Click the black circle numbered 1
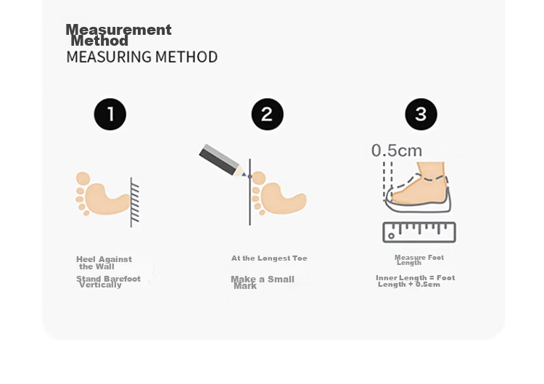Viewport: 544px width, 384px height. tap(110, 114)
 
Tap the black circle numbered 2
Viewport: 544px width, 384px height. tap(267, 114)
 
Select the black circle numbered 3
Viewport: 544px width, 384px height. tap(421, 114)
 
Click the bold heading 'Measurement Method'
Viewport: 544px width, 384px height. tap(118, 35)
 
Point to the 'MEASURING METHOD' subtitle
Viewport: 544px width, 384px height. tap(142, 57)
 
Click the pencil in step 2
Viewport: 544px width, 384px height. tap(223, 160)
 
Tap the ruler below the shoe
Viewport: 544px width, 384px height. tap(419, 232)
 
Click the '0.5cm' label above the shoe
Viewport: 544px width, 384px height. tap(397, 151)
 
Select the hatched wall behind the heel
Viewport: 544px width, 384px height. tap(135, 203)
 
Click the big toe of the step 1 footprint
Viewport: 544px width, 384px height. tap(83, 179)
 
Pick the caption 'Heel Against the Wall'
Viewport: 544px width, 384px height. tap(104, 263)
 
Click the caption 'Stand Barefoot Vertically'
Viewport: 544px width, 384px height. tap(108, 282)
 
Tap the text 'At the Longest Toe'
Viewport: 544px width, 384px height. tap(269, 258)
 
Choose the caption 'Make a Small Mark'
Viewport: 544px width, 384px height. tap(263, 282)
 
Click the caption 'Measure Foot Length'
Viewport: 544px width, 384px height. tap(419, 260)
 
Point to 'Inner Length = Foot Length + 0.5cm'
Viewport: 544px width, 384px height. tap(416, 281)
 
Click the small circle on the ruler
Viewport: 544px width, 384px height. tap(392, 236)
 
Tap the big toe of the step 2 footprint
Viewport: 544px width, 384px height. tap(259, 178)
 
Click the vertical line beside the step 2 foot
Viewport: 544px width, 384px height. tap(250, 192)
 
